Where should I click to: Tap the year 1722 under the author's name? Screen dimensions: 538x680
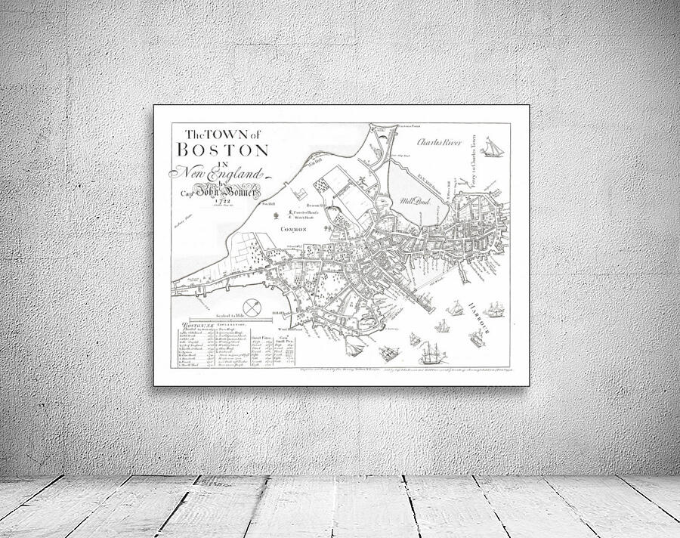click(x=222, y=201)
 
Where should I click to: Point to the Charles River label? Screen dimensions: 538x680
click(x=438, y=141)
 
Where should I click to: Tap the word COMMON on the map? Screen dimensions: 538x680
click(x=293, y=228)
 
